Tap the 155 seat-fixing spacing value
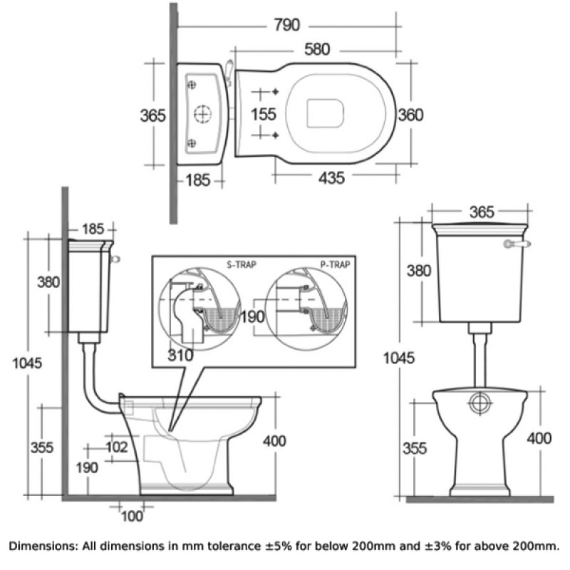(x=264, y=115)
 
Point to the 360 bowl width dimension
(x=410, y=115)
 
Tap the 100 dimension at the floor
(x=133, y=515)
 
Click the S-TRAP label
(x=243, y=264)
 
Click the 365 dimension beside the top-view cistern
(x=153, y=115)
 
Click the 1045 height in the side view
(x=27, y=362)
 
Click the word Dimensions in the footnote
(x=44, y=546)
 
